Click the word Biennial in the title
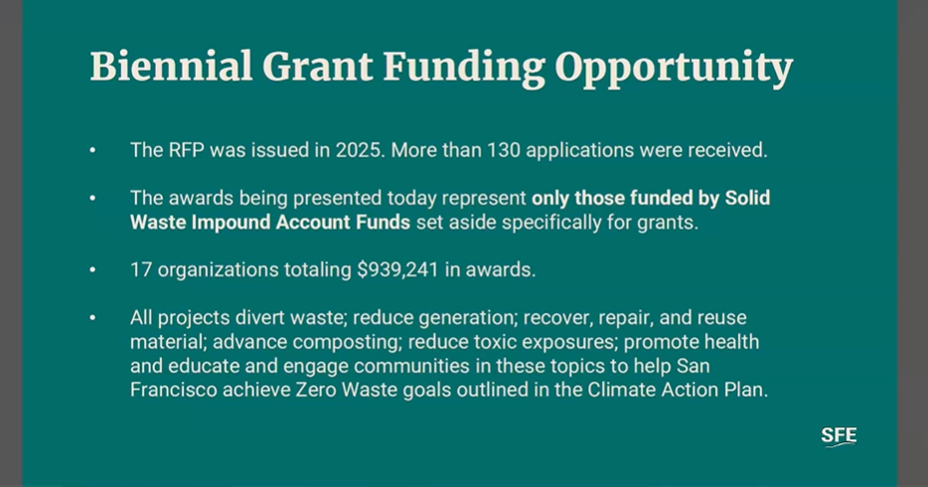coord(171,66)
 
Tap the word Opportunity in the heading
coord(674,68)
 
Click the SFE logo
coord(839,436)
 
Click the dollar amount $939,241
coord(397,269)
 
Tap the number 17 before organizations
coord(141,269)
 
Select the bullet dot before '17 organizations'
coord(92,269)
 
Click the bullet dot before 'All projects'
coord(92,318)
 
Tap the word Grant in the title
coord(318,66)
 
